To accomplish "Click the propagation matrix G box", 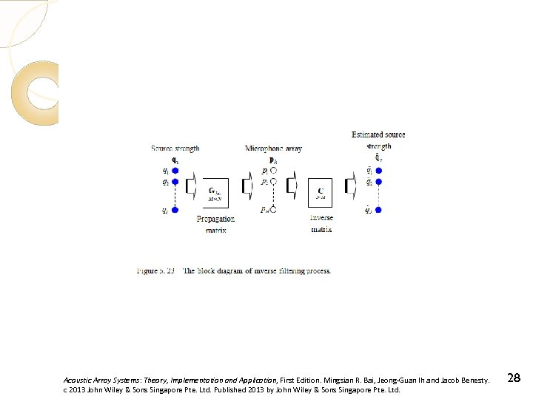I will pos(215,192).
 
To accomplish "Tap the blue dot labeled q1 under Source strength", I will pos(175,171).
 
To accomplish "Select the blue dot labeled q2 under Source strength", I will pos(175,182).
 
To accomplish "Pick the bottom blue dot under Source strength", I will pos(175,211).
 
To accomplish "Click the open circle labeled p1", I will pos(273,171).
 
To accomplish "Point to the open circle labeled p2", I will pos(273,182).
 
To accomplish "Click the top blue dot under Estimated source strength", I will pos(378,171).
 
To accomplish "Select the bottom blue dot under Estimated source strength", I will pos(378,211).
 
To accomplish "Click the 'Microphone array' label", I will pos(273,149).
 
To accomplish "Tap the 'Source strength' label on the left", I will pos(175,149).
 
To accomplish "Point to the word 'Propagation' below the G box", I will pos(215,219).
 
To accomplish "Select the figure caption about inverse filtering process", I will pos(234,271).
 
